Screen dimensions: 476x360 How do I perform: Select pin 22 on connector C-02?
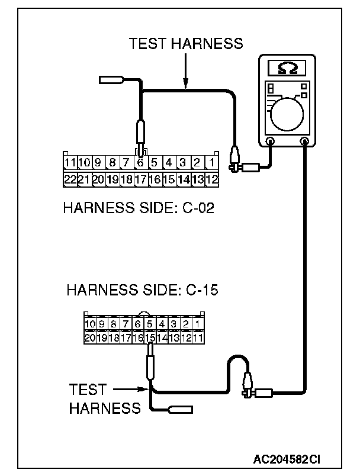click(70, 179)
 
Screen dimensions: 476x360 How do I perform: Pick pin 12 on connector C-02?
click(212, 179)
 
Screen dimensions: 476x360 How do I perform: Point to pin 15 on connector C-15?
click(150, 337)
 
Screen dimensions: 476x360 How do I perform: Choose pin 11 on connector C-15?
click(198, 337)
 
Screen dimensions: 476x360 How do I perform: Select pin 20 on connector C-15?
click(90, 337)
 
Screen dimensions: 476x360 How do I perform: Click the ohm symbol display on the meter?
click(287, 69)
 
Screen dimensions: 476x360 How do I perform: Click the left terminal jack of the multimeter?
click(269, 141)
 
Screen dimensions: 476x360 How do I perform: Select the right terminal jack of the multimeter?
click(305, 141)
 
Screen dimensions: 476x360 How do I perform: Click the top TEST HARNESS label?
click(185, 44)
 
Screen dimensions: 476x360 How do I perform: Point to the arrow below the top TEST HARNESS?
click(185, 71)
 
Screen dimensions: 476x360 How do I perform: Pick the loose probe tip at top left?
click(111, 80)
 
